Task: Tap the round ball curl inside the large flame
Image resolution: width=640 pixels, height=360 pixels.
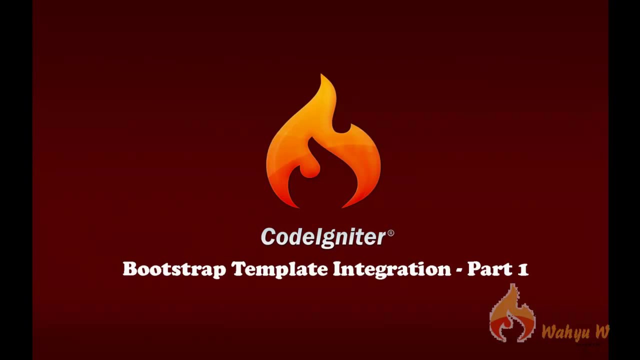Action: (x=309, y=169)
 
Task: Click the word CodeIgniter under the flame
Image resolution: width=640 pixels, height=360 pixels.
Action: (x=323, y=236)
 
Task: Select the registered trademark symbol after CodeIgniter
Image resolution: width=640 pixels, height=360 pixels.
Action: (x=390, y=233)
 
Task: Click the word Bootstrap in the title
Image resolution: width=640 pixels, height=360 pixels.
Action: (x=174, y=269)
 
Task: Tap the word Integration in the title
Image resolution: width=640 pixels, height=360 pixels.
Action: (x=392, y=269)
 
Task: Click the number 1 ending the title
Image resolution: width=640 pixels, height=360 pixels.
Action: (x=523, y=269)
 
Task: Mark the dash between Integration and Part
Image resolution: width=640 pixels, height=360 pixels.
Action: (x=459, y=270)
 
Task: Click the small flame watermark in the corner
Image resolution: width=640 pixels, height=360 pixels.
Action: (x=512, y=314)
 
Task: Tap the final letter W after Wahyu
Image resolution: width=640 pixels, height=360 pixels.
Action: (x=601, y=331)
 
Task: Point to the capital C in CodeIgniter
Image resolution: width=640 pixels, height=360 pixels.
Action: (x=268, y=236)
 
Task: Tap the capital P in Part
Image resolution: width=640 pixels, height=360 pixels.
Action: (x=474, y=269)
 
